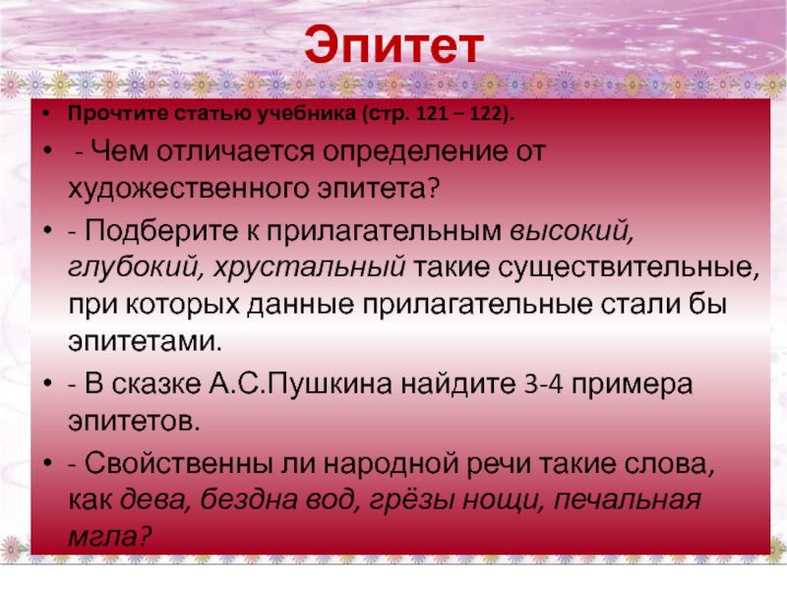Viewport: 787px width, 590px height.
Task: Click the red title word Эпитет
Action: click(x=394, y=46)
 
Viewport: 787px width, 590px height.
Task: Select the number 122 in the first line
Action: click(x=486, y=114)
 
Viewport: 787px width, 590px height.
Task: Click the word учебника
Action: click(x=307, y=114)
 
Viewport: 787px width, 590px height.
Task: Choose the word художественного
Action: click(x=189, y=189)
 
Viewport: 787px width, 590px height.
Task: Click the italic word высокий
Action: click(x=572, y=230)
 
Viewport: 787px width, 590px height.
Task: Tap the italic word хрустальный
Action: click(x=309, y=266)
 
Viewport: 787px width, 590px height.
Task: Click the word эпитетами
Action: click(x=145, y=341)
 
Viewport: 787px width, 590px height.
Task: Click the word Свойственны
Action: click(x=178, y=462)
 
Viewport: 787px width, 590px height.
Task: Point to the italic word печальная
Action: click(x=627, y=500)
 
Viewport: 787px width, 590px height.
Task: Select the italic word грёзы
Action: click(x=411, y=500)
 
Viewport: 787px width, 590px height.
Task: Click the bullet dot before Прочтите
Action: click(x=46, y=114)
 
